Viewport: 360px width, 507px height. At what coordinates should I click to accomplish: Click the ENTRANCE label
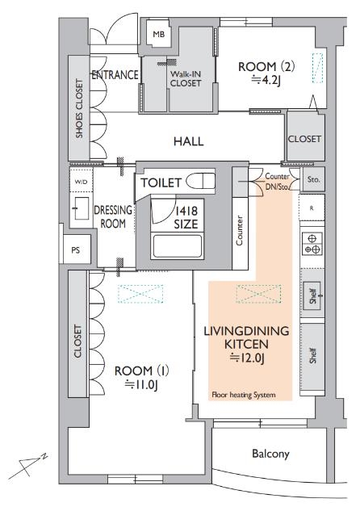point(116,75)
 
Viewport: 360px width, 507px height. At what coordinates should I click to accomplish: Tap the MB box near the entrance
point(158,34)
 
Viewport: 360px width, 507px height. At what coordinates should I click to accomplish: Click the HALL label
point(188,141)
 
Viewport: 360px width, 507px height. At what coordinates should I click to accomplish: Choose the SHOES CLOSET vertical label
point(79,108)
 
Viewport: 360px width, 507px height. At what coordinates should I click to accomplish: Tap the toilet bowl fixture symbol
point(199,182)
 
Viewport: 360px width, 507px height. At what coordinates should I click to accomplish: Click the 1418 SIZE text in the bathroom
point(187,217)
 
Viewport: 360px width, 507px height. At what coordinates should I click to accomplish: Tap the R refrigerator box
point(312,207)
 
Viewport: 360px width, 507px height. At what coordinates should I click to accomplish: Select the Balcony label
point(270,454)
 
